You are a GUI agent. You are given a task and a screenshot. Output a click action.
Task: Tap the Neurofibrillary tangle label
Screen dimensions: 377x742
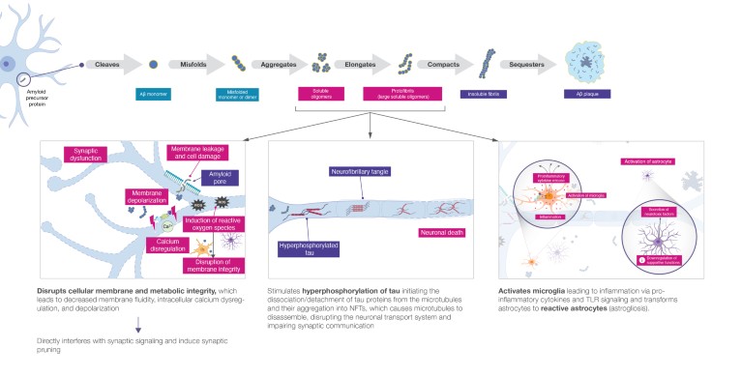(x=357, y=172)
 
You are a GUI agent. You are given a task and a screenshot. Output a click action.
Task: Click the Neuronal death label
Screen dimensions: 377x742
(x=443, y=233)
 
